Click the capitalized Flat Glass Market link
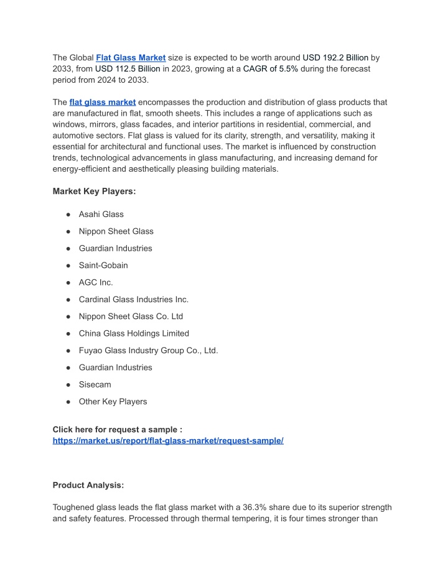(x=131, y=57)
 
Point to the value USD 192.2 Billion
(x=335, y=57)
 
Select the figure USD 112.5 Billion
(x=128, y=68)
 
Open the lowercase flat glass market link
(x=103, y=102)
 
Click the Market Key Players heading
(x=94, y=192)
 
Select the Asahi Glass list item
(x=101, y=214)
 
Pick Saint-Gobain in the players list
(x=103, y=265)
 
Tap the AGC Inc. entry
(x=96, y=282)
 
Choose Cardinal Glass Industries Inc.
(x=133, y=299)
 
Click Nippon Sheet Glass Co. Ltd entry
(x=131, y=316)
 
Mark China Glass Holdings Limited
(x=134, y=333)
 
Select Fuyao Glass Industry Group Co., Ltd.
(x=148, y=350)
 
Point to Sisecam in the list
(x=95, y=384)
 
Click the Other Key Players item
(x=113, y=401)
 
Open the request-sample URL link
(x=168, y=440)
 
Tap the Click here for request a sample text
(x=117, y=429)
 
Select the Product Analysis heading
(x=88, y=485)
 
